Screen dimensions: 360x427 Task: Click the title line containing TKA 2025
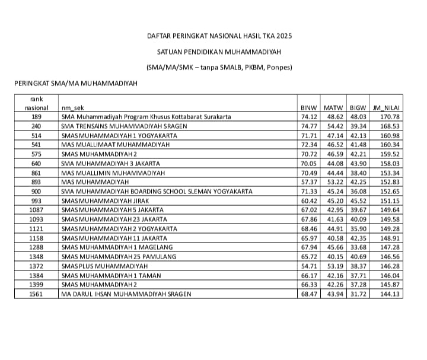click(219, 37)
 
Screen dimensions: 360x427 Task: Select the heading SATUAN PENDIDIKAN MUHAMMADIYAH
click(219, 52)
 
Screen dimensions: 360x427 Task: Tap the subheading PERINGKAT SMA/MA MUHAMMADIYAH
click(75, 83)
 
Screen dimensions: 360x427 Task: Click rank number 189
click(36, 117)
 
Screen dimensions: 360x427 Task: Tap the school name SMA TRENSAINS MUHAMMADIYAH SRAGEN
click(124, 126)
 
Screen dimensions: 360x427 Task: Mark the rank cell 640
click(36, 163)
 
